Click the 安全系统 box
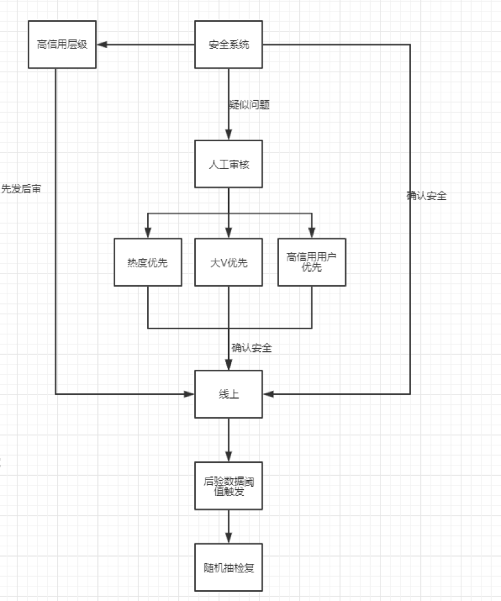[x=229, y=45]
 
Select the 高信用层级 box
[x=62, y=45]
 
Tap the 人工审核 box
[x=229, y=164]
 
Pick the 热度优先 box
[x=148, y=262]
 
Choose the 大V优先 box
[x=229, y=262]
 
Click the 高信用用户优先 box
[x=311, y=262]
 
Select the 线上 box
[x=229, y=394]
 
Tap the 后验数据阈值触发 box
[x=229, y=486]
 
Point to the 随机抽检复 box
[x=229, y=568]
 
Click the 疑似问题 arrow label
[x=249, y=105]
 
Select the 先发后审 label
[x=21, y=189]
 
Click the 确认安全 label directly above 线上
[x=252, y=348]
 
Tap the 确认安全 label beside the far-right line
[x=427, y=196]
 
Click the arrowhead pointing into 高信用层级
[x=102, y=44]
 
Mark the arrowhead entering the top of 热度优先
[x=148, y=233]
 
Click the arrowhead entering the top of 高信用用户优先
[x=311, y=233]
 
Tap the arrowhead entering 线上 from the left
[x=188, y=394]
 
